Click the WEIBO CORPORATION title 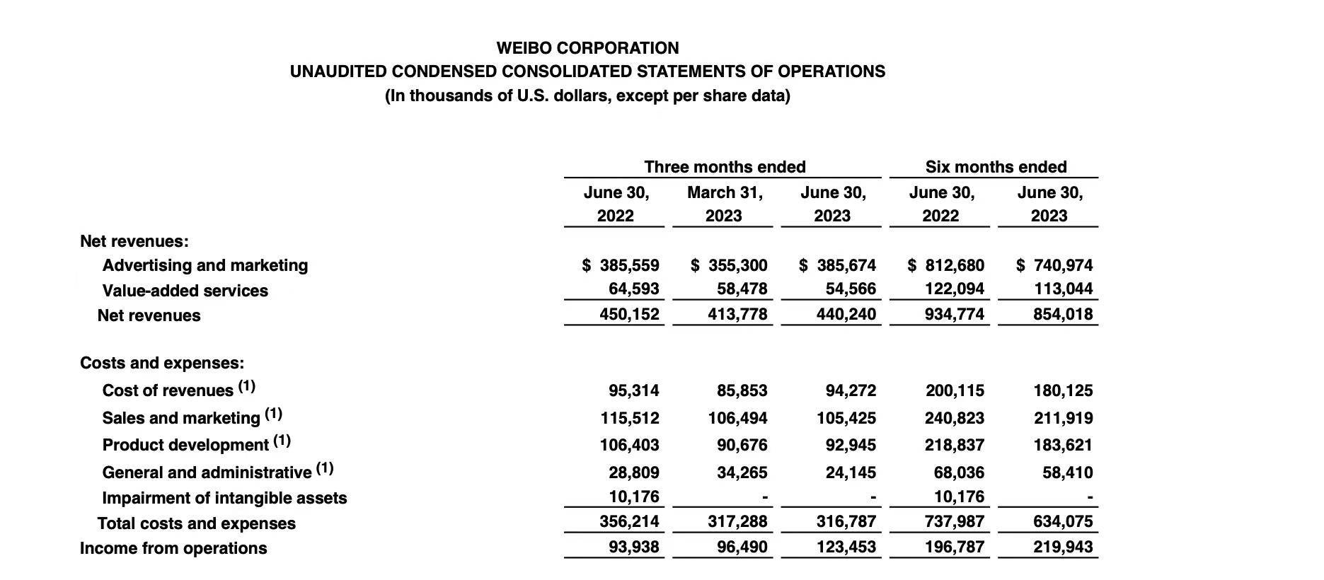[x=587, y=48]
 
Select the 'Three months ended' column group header [x=725, y=167]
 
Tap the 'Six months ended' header [x=996, y=167]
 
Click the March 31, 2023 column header [x=725, y=204]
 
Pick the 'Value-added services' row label [x=185, y=291]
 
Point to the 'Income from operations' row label [x=173, y=548]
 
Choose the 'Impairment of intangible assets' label [x=224, y=498]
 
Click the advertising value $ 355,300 [x=729, y=265]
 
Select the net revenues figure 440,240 [x=846, y=314]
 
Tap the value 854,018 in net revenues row [x=1063, y=314]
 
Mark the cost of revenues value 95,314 [x=633, y=390]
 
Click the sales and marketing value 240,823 [x=954, y=418]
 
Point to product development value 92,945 [x=851, y=445]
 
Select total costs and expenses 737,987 [x=954, y=522]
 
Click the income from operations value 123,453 [x=846, y=547]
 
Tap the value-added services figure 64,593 [x=633, y=289]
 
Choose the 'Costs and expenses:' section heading [x=162, y=363]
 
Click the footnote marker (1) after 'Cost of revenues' [x=246, y=387]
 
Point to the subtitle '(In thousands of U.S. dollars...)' [x=587, y=95]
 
